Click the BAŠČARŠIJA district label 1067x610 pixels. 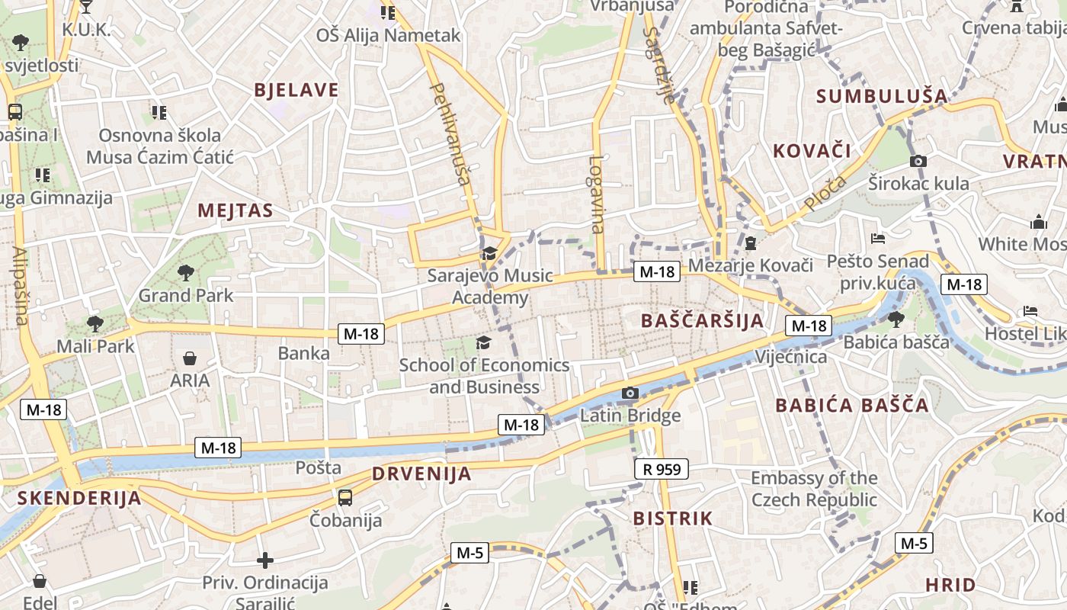[702, 320]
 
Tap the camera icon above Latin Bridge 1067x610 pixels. [630, 393]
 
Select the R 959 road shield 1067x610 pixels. [661, 469]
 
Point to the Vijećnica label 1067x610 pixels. [790, 357]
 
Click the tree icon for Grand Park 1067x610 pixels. [185, 272]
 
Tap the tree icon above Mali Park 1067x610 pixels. [95, 324]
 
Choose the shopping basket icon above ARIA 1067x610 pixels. [190, 358]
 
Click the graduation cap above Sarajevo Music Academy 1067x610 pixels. [489, 253]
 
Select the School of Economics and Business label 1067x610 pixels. [484, 376]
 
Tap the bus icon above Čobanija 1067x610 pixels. [345, 498]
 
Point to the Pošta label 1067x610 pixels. [318, 467]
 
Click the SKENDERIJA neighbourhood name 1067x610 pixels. [79, 499]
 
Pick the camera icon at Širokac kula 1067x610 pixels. [918, 161]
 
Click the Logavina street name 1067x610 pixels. [596, 194]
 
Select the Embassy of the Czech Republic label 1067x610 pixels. [814, 489]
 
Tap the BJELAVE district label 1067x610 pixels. [296, 90]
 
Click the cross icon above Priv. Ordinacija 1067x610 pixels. [264, 561]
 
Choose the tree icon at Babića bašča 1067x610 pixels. [896, 319]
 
